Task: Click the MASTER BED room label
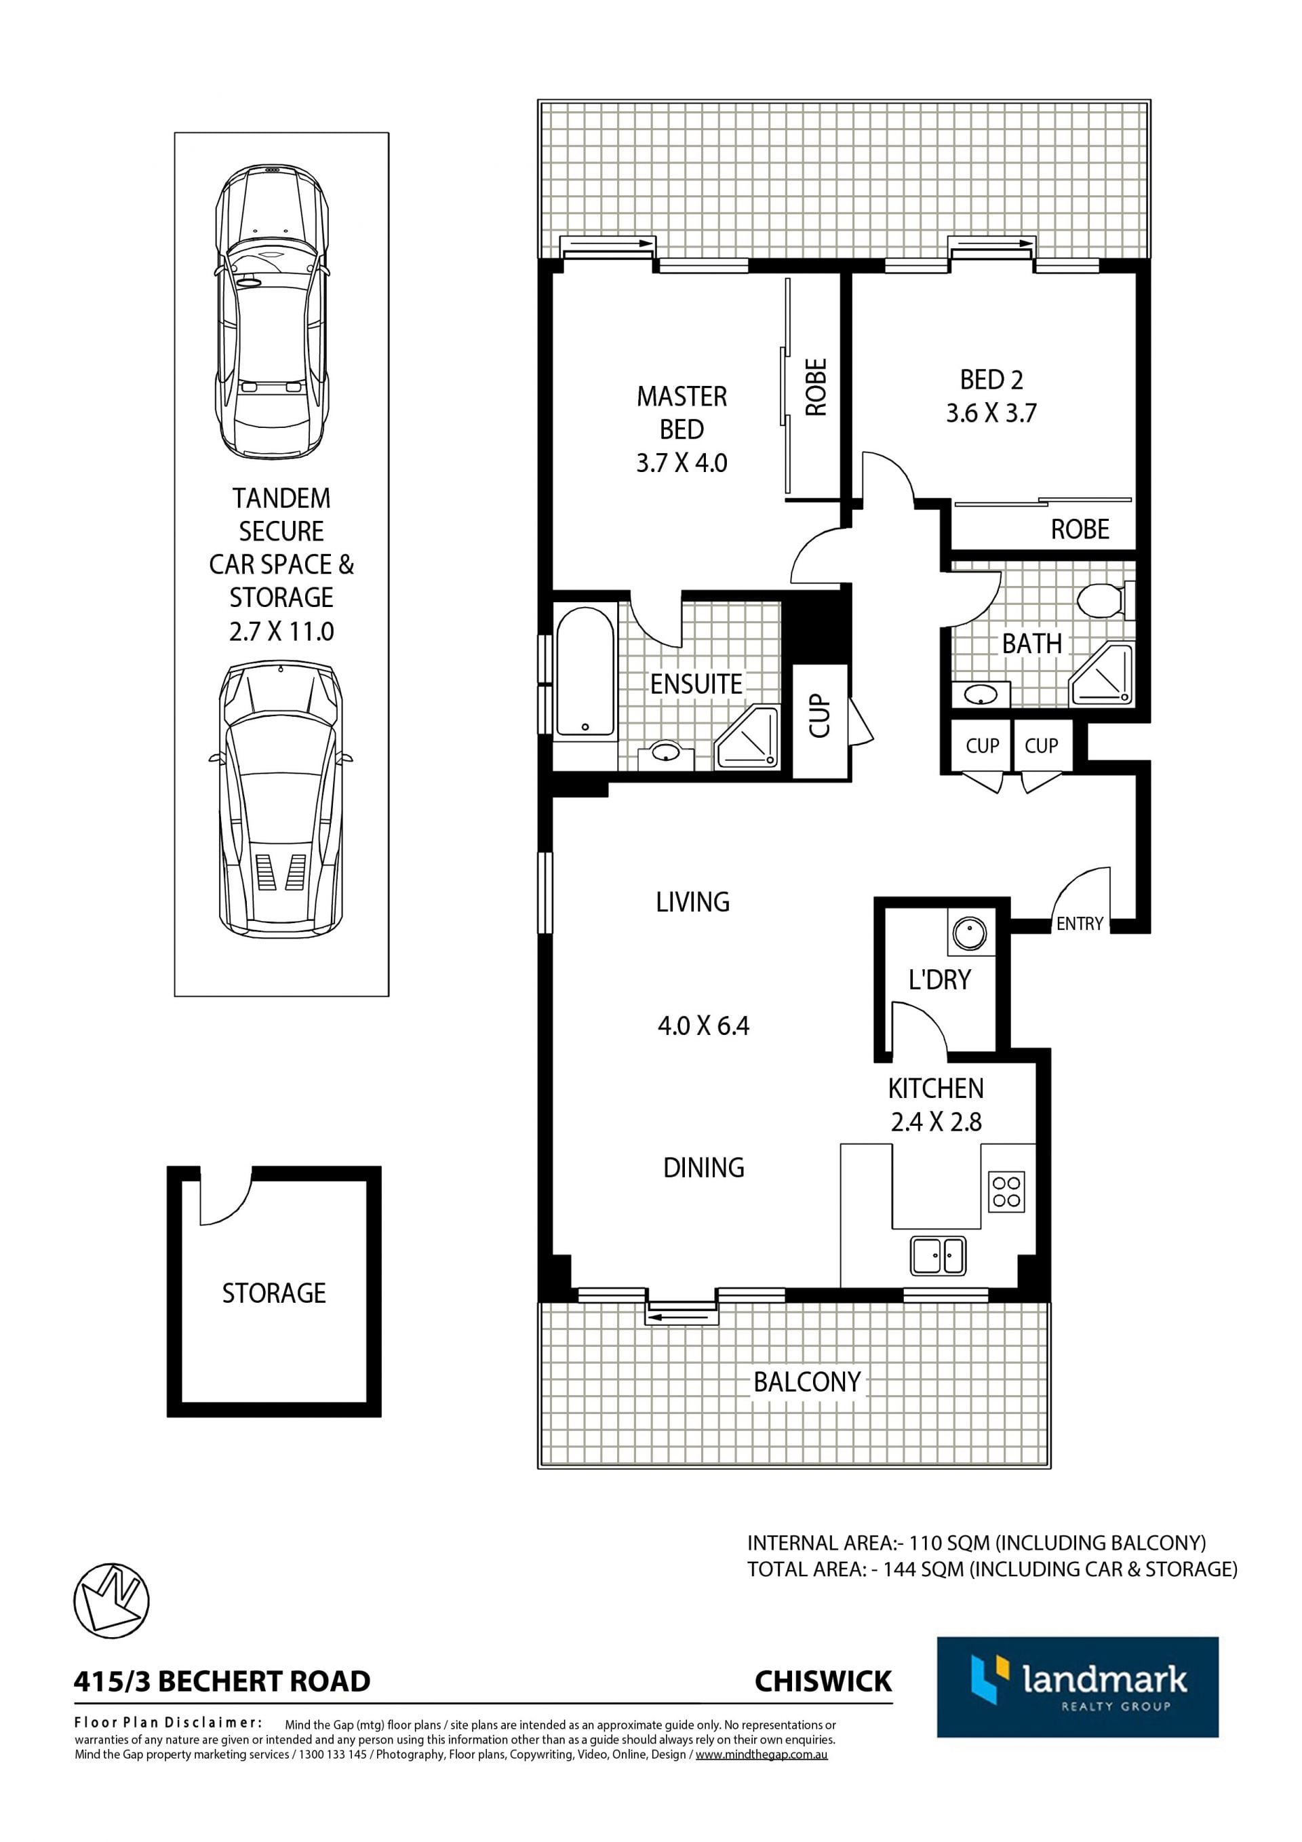pyautogui.click(x=682, y=412)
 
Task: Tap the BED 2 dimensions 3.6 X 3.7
pyautogui.click(x=991, y=413)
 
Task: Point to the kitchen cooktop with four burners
pyautogui.click(x=1006, y=1192)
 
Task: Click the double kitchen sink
pyautogui.click(x=938, y=1255)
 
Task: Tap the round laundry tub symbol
pyautogui.click(x=970, y=933)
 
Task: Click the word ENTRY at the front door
pyautogui.click(x=1080, y=924)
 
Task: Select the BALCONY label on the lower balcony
pyautogui.click(x=807, y=1381)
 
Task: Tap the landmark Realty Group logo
pyautogui.click(x=1078, y=1687)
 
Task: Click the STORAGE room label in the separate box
pyautogui.click(x=273, y=1293)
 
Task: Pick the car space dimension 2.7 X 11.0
pyautogui.click(x=281, y=631)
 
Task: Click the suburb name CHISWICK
pyautogui.click(x=823, y=1681)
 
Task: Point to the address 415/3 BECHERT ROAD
pyautogui.click(x=222, y=1681)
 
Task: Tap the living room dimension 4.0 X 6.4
pyautogui.click(x=703, y=1025)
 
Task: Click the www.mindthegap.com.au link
pyautogui.click(x=762, y=1755)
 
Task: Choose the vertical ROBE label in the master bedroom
pyautogui.click(x=816, y=387)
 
